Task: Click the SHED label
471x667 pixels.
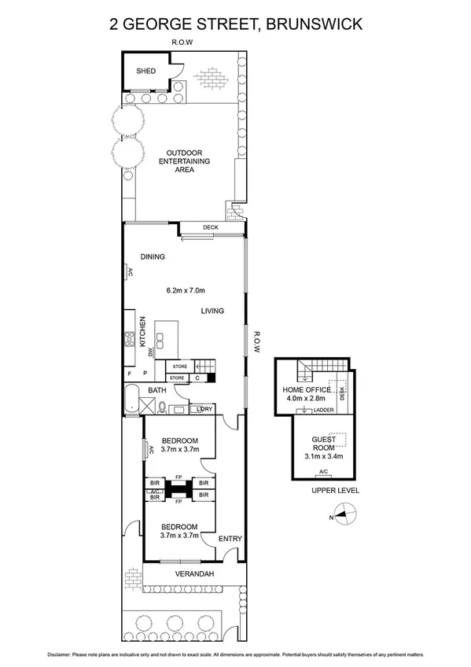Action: coord(146,71)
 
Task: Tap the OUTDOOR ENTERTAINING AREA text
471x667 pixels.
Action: coord(185,160)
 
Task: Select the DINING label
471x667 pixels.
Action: coord(153,257)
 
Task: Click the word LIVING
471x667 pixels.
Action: coord(212,311)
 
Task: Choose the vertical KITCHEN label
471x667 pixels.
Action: coord(143,332)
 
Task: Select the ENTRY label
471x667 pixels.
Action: coord(230,539)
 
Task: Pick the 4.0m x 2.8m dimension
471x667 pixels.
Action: coord(307,399)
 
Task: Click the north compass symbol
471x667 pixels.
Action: coord(345,516)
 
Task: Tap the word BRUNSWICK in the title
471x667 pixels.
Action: coord(315,24)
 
